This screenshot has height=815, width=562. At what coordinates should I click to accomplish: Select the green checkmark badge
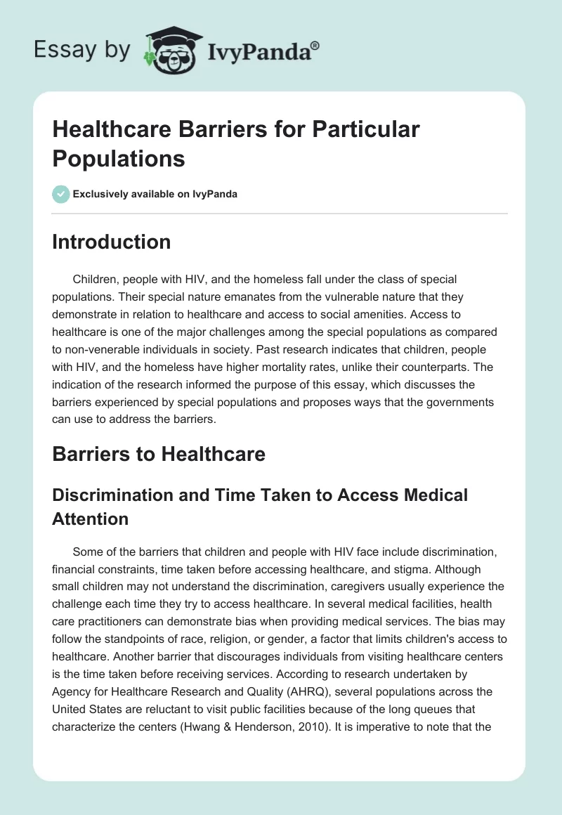coord(60,194)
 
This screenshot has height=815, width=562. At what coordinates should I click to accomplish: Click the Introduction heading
coord(112,242)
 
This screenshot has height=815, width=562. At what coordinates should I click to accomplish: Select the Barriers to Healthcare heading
coord(159,454)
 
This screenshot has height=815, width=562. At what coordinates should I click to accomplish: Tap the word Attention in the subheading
coord(91,519)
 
